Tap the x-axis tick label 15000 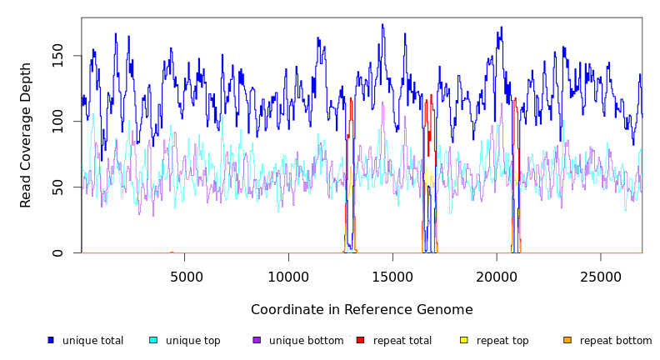tap(392, 277)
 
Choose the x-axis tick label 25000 tap(600, 277)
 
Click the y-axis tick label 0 tap(57, 252)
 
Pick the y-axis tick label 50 tap(57, 187)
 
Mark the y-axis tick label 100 tap(57, 122)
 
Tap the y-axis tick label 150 tap(57, 56)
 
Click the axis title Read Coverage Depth tap(26, 135)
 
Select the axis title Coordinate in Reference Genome tap(362, 310)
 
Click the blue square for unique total tap(51, 340)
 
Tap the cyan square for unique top tap(153, 340)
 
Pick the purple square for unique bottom tap(257, 340)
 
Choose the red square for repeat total tap(360, 340)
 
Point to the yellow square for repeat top tap(464, 340)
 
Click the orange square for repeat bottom tap(567, 340)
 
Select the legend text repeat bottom tap(616, 341)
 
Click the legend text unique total tap(92, 341)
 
